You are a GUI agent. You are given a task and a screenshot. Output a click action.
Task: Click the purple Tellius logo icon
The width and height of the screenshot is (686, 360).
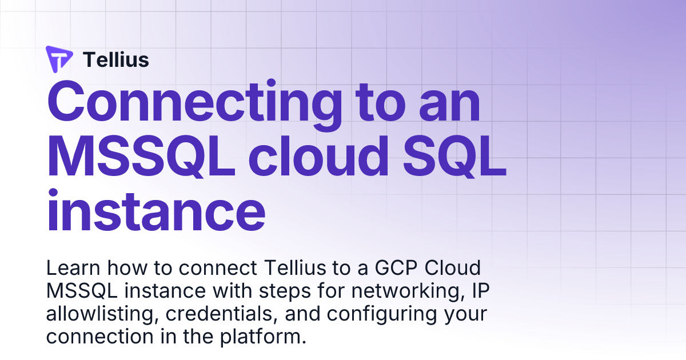click(59, 59)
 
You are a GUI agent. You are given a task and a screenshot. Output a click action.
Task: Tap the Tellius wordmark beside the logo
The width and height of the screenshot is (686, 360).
click(116, 59)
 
